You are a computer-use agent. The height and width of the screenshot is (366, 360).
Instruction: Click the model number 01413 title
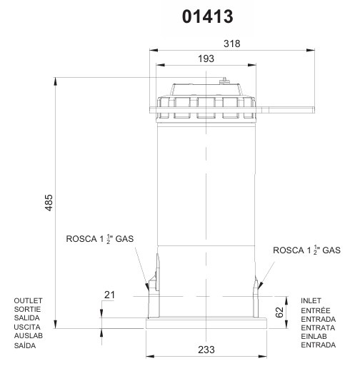click(207, 16)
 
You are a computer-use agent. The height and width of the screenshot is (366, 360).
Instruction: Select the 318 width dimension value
click(232, 44)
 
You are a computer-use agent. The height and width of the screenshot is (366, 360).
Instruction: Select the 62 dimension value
click(279, 311)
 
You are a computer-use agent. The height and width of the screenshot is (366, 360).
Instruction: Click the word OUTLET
click(29, 300)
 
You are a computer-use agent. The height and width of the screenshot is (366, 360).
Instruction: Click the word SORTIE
click(28, 309)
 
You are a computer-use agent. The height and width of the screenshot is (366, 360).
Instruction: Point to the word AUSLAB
click(29, 335)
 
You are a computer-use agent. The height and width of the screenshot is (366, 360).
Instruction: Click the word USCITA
click(28, 327)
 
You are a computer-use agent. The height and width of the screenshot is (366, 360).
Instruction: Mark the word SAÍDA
click(26, 345)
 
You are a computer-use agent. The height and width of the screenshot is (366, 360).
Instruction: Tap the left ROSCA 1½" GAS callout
click(100, 239)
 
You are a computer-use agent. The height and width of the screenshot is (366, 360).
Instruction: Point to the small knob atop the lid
click(224, 81)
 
